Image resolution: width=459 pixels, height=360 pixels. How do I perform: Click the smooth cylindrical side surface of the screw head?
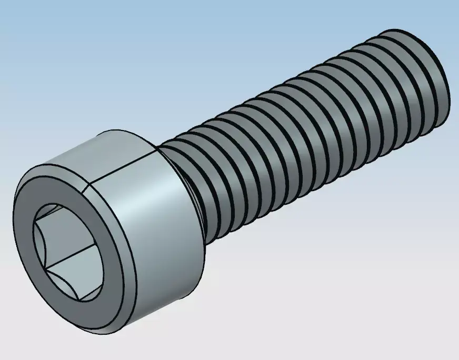point(158,221)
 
